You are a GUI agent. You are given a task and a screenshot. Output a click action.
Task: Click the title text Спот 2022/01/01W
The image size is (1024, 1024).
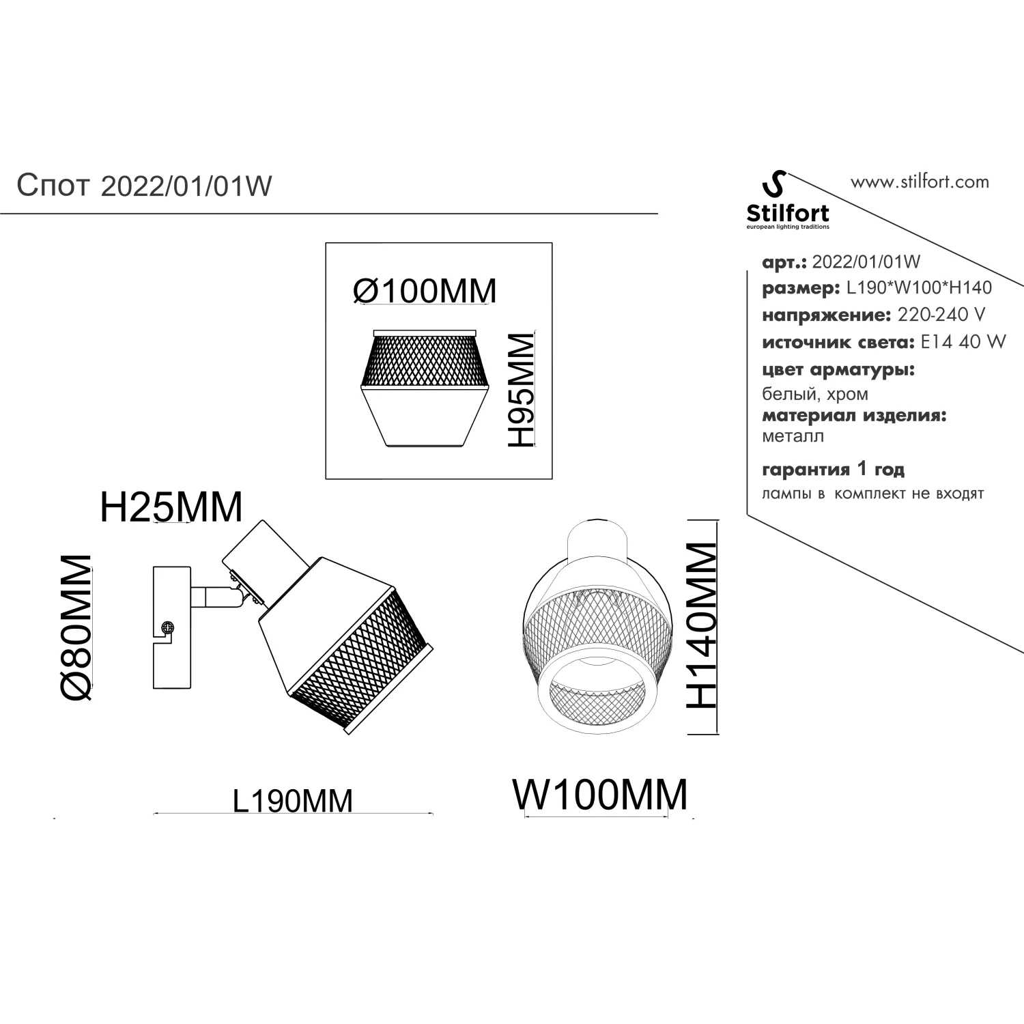pos(144,185)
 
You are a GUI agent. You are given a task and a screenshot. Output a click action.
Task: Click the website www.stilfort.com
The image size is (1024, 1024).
pos(920,182)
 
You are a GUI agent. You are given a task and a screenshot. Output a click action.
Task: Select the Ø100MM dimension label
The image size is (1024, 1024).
pos(425,291)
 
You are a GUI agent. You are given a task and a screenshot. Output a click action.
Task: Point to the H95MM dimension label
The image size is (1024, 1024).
pos(521,390)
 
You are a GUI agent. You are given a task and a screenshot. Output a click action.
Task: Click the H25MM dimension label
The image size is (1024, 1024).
pos(171,507)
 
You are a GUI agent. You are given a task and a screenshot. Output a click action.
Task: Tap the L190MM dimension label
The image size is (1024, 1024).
pos(293,801)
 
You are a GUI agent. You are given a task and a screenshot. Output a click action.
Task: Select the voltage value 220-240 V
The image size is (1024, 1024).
pos(941,315)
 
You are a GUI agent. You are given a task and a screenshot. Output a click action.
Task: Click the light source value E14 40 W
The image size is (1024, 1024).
pos(963,342)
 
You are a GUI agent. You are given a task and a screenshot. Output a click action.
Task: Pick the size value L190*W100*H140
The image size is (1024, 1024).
pos(919,287)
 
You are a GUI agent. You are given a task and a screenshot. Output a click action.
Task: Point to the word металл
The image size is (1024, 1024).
pos(793,436)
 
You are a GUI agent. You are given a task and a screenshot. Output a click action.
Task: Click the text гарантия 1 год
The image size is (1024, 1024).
pos(833,470)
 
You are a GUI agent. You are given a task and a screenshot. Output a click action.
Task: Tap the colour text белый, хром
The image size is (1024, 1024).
pos(815,394)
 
